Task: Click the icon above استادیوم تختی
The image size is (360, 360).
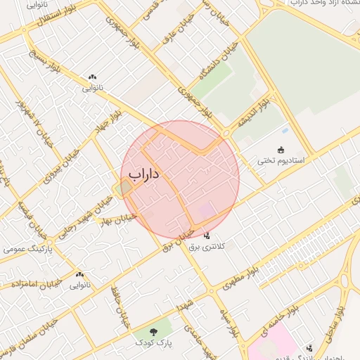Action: (281, 150)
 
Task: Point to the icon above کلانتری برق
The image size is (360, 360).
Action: (207, 236)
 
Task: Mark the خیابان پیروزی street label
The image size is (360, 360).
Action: (56, 163)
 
